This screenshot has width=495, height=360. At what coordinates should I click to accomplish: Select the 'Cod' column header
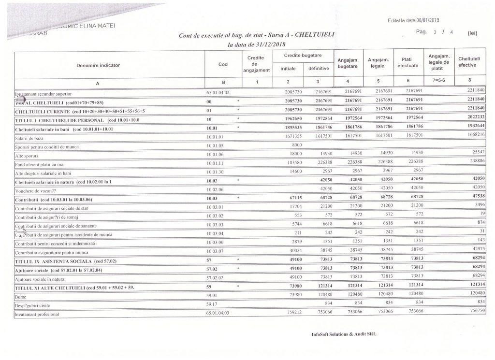click(223, 65)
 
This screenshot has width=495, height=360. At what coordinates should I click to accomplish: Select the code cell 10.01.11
click(215, 163)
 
